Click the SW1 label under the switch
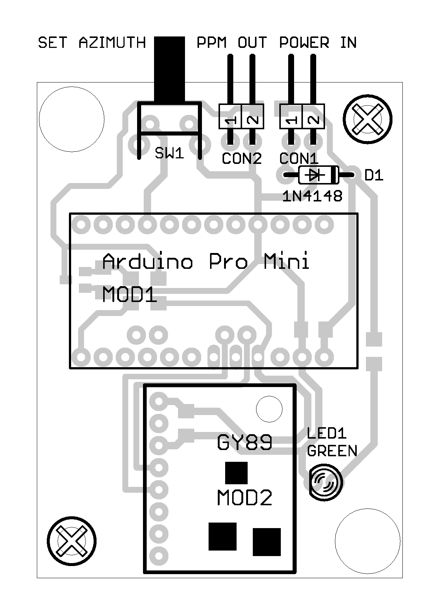click(169, 153)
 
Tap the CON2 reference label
click(242, 159)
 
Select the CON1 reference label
click(299, 159)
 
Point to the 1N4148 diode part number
click(312, 197)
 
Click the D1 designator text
click(374, 176)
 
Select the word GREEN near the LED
click(332, 451)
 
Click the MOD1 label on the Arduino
click(129, 295)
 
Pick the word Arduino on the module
click(147, 261)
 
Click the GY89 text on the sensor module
click(245, 443)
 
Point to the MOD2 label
click(244, 498)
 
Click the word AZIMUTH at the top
click(112, 43)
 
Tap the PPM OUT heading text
click(231, 43)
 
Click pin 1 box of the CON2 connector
click(230, 117)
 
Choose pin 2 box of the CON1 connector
click(313, 117)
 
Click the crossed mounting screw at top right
click(367, 119)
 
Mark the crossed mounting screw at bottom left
click(72, 541)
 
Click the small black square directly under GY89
click(236, 473)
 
